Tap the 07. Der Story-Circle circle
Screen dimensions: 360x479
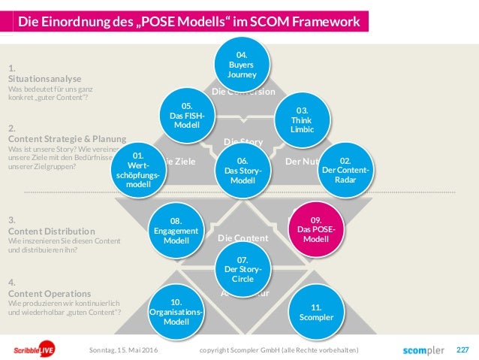pos(242,269)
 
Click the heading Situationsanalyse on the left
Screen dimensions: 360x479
pos(44,78)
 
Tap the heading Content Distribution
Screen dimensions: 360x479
pos(51,231)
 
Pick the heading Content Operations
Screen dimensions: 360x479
pos(50,293)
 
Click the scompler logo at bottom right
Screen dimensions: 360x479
pos(423,350)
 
